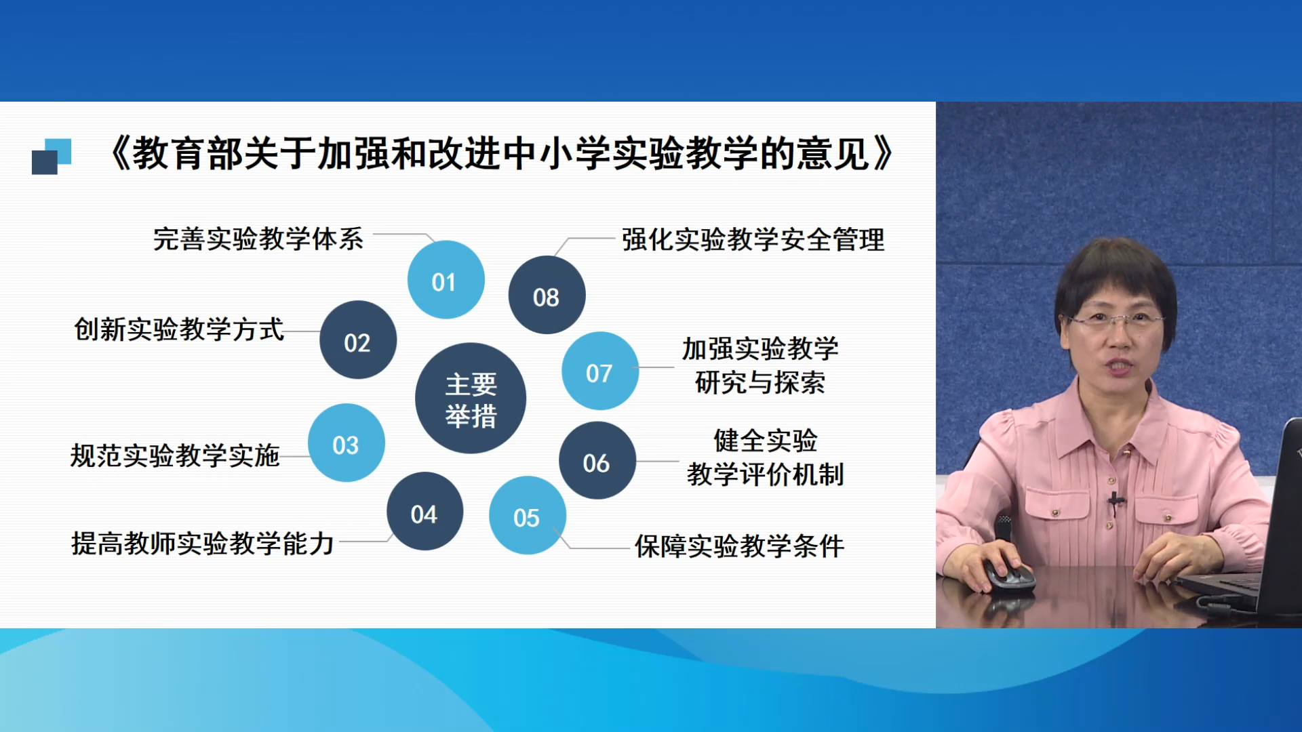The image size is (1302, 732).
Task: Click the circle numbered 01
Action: [446, 280]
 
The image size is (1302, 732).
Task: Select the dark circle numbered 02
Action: [358, 340]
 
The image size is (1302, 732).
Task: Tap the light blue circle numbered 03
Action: [347, 443]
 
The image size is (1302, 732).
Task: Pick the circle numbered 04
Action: [425, 511]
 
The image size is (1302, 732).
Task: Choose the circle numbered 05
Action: [528, 516]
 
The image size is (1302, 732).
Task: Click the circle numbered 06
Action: [597, 461]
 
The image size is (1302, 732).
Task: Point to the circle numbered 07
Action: [600, 371]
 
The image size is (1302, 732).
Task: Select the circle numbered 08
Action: [547, 295]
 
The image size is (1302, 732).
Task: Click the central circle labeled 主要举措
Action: [471, 399]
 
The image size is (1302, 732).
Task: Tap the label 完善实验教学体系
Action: [258, 239]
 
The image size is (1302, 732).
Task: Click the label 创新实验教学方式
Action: [179, 329]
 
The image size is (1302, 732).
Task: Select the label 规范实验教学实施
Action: [175, 455]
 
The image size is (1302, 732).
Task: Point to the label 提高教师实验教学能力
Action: [203, 544]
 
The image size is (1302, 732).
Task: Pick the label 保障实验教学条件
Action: [739, 546]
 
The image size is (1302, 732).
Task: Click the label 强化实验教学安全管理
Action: [753, 240]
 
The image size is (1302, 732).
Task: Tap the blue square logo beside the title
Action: [52, 157]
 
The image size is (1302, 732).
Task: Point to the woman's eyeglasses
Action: [1116, 320]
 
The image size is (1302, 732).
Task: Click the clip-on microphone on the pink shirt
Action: [1114, 502]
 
